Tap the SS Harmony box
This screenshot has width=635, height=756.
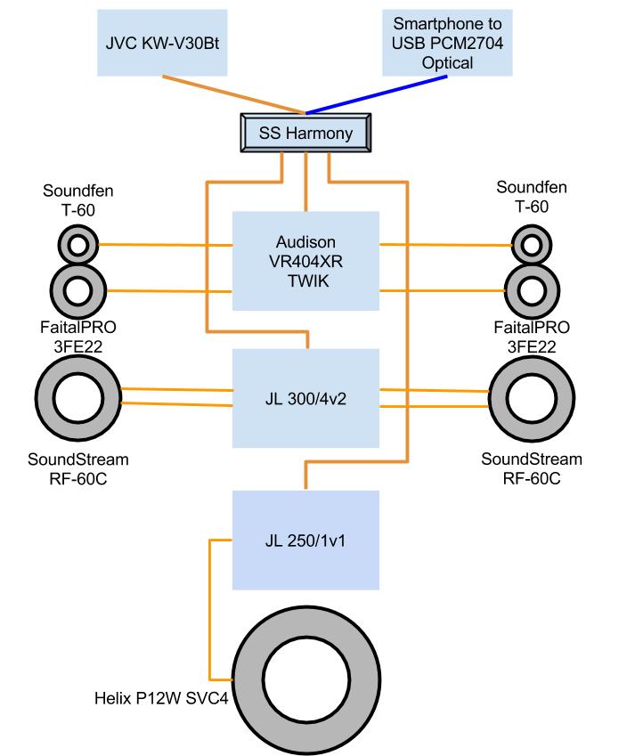(x=305, y=134)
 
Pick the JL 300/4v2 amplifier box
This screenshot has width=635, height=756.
(x=305, y=397)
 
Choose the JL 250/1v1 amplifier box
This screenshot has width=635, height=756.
(x=305, y=540)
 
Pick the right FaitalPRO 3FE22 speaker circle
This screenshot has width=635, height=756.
(x=532, y=289)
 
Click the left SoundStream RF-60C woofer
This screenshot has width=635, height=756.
(x=77, y=397)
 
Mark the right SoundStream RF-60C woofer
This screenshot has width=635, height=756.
(x=532, y=397)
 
